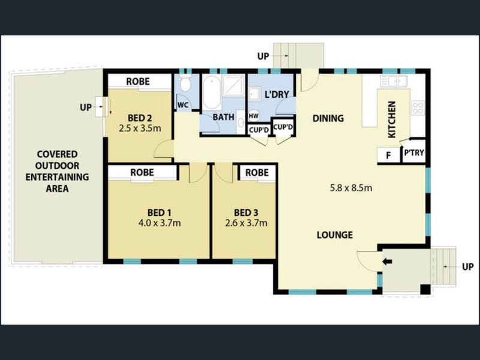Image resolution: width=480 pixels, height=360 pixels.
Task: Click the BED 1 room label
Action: [160, 212]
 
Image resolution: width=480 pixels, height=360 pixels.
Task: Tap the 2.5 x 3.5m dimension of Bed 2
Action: [140, 128]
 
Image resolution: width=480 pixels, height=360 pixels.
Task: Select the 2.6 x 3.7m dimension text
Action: [246, 223]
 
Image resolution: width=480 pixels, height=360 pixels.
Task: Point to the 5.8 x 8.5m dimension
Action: [351, 188]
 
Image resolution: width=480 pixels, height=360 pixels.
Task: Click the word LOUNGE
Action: [335, 235]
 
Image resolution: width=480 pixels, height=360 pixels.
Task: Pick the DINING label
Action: [328, 118]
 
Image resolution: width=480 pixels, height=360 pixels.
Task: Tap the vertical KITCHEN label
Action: [392, 119]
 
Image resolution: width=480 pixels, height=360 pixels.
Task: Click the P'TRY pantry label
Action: [414, 152]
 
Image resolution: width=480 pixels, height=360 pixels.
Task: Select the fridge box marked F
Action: [388, 155]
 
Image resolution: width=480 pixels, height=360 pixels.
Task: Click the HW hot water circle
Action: [253, 116]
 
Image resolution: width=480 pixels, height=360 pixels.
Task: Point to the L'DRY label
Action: [277, 95]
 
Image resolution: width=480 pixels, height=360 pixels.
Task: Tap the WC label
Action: [183, 105]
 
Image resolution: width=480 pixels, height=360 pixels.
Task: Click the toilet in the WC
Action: [185, 84]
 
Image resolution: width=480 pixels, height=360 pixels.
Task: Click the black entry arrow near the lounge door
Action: [387, 262]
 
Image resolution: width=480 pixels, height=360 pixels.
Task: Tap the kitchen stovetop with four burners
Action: [418, 108]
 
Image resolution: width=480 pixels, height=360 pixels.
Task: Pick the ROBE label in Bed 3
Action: [257, 173]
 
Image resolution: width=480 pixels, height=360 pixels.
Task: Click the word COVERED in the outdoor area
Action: [57, 154]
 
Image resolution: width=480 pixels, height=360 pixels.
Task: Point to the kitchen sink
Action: [394, 81]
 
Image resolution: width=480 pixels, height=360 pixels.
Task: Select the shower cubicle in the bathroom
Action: [233, 86]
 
